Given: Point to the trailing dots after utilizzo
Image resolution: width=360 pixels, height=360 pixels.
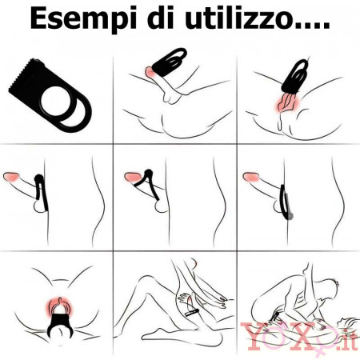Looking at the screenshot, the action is [x=312, y=26].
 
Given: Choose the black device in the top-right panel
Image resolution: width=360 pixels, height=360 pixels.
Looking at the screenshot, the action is [x=297, y=77].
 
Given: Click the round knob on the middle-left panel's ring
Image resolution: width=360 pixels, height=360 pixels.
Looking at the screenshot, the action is [x=39, y=177].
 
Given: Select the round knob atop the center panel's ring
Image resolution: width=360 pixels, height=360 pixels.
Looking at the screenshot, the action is [x=148, y=173].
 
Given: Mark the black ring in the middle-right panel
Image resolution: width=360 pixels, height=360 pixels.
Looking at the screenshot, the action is [x=284, y=202].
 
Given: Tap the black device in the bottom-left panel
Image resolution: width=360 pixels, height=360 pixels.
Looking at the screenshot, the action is [x=61, y=322].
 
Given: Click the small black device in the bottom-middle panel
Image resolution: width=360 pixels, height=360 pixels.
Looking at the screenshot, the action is [x=192, y=312].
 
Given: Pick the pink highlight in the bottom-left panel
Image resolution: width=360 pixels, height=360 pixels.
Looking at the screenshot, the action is [x=59, y=306].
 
